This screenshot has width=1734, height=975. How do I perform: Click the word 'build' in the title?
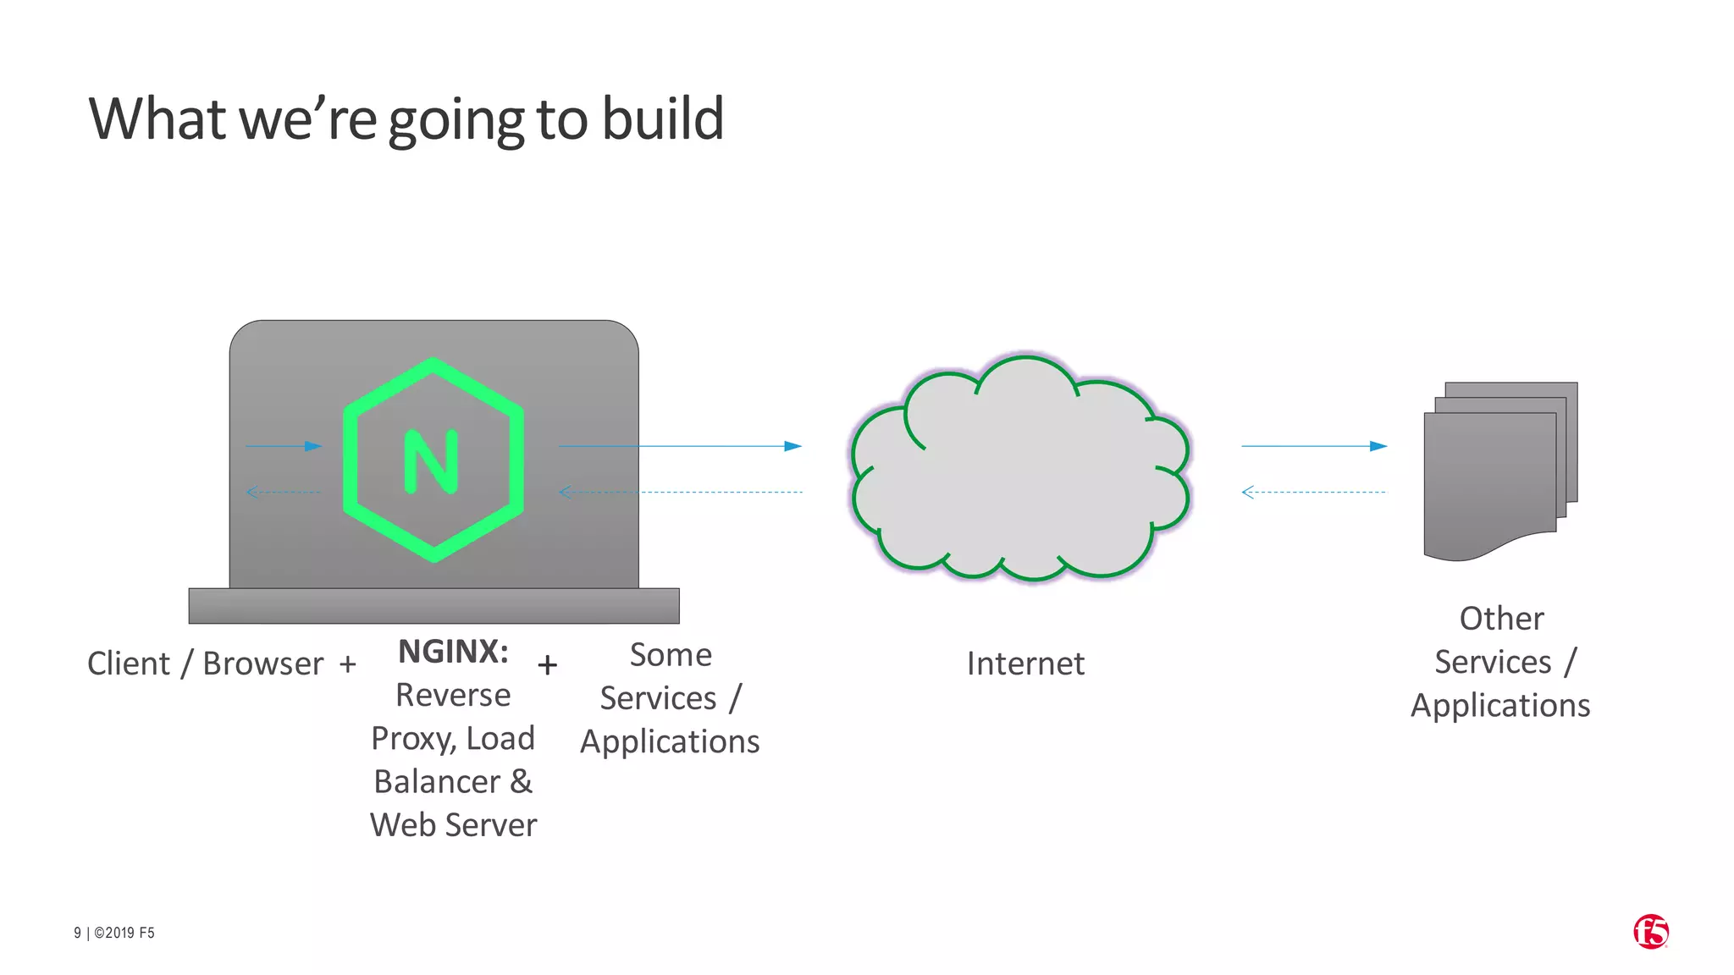pyautogui.click(x=662, y=118)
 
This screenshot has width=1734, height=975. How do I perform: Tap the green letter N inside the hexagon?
pyautogui.click(x=432, y=461)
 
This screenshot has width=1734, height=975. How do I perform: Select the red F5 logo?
pyautogui.click(x=1650, y=932)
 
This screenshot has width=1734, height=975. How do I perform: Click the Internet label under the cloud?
pyautogui.click(x=1025, y=664)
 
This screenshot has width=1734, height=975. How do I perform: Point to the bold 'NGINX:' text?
pyautogui.click(x=453, y=652)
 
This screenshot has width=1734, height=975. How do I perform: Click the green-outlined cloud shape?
pyautogui.click(x=1020, y=470)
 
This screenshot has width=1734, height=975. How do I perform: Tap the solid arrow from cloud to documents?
pyautogui.click(x=1313, y=446)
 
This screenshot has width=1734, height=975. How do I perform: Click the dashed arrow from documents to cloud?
pyautogui.click(x=1313, y=492)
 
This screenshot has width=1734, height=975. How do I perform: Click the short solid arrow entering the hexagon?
pyautogui.click(x=284, y=446)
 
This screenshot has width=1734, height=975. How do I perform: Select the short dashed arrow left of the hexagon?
pyautogui.click(x=284, y=492)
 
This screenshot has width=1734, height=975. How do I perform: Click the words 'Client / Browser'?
pyautogui.click(x=206, y=664)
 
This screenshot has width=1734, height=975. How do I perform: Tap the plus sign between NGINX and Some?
pyautogui.click(x=548, y=665)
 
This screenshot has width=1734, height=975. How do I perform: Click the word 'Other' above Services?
pyautogui.click(x=1501, y=619)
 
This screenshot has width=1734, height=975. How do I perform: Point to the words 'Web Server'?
pyautogui.click(x=453, y=825)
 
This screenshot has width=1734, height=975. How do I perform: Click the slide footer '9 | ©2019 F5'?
pyautogui.click(x=114, y=933)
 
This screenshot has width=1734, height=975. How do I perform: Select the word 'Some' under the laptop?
pyautogui.click(x=671, y=655)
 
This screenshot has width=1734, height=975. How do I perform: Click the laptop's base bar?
pyautogui.click(x=433, y=606)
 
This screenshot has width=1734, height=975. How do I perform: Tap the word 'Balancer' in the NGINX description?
pyautogui.click(x=437, y=782)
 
